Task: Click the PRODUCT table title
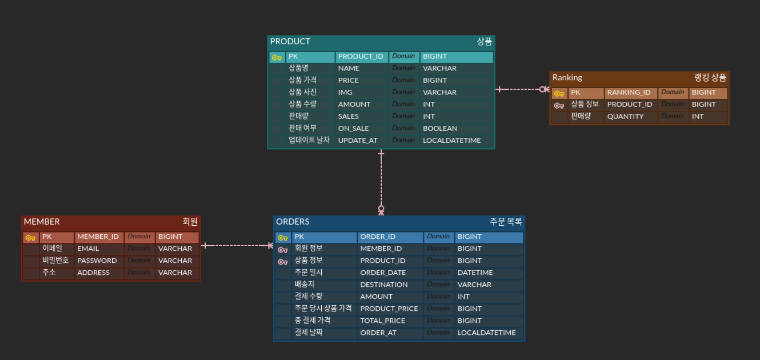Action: tap(290, 42)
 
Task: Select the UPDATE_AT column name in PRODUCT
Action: tap(358, 141)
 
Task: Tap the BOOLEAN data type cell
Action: tap(440, 129)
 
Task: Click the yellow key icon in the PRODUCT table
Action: tap(276, 57)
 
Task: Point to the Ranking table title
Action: tap(567, 78)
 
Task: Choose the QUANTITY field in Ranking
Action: tap(625, 117)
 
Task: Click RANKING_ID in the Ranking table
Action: tap(629, 92)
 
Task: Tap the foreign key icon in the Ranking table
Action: tap(559, 105)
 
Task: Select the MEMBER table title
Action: tap(42, 222)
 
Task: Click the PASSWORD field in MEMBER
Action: tap(97, 261)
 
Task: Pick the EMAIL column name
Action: tap(88, 249)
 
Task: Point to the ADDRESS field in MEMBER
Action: tap(93, 273)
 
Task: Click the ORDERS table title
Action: tap(293, 222)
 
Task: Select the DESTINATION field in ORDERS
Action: tap(384, 285)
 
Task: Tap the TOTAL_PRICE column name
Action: tap(383, 321)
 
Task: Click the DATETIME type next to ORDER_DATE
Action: tap(475, 273)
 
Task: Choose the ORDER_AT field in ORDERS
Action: tap(379, 333)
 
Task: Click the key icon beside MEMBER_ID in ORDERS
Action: tap(283, 250)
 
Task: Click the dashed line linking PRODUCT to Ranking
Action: tap(522, 89)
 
